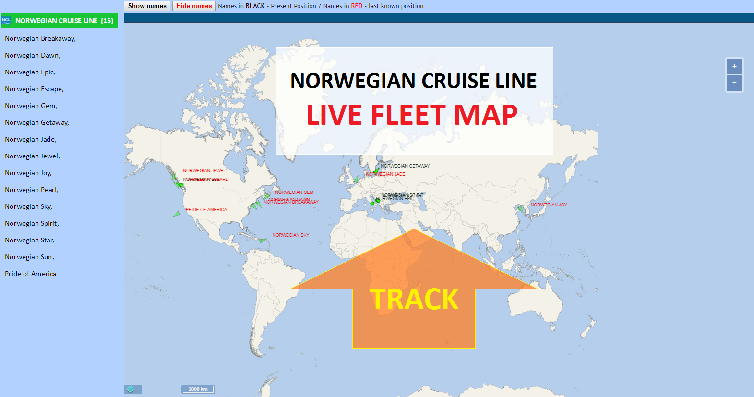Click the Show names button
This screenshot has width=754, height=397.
[147, 6]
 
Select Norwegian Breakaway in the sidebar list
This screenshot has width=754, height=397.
[40, 39]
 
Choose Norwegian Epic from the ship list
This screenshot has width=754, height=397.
[30, 72]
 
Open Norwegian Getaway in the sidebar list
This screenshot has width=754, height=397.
[37, 123]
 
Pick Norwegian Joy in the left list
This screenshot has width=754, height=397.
[28, 173]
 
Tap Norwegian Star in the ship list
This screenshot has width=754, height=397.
[29, 241]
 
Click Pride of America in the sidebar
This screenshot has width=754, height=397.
[31, 274]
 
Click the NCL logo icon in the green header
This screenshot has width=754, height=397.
[6, 20]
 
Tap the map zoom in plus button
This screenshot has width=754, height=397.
[734, 66]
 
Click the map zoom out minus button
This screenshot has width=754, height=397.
[734, 83]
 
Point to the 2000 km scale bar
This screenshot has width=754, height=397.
[198, 389]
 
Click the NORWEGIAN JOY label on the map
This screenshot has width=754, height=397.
[549, 205]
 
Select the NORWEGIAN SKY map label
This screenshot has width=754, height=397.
[291, 235]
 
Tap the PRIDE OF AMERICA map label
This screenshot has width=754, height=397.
[206, 210]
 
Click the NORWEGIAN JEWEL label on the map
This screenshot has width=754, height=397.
[204, 171]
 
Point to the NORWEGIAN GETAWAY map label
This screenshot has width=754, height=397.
[405, 166]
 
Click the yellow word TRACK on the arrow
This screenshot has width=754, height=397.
[414, 299]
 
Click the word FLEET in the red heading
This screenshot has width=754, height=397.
[408, 115]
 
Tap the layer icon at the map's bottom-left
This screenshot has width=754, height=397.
[131, 389]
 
